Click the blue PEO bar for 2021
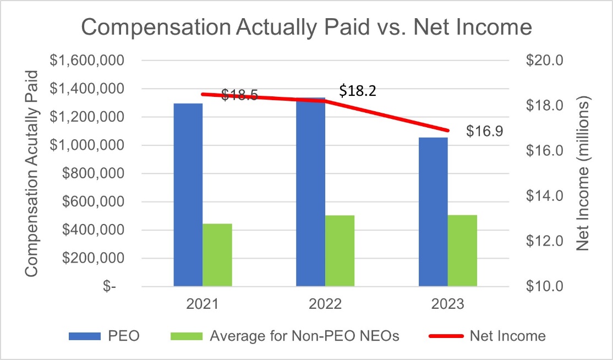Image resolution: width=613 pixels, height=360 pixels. pyautogui.click(x=188, y=195)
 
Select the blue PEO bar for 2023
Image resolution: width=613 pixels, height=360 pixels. pyautogui.click(x=433, y=212)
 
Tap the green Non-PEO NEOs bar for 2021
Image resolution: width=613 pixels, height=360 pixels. pyautogui.click(x=217, y=255)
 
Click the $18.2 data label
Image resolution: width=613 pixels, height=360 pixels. pyautogui.click(x=358, y=91)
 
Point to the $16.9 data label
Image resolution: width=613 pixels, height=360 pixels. pyautogui.click(x=484, y=132)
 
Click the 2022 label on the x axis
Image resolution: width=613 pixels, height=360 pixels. pyautogui.click(x=325, y=304)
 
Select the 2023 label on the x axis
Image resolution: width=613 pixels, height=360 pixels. pyautogui.click(x=447, y=304)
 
